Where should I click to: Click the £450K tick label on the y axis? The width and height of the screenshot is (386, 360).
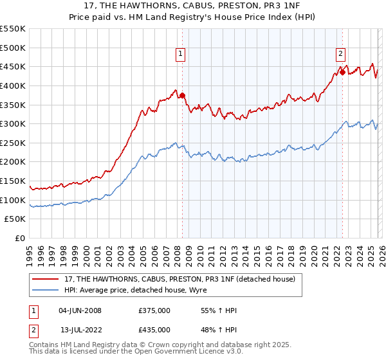point(13,67)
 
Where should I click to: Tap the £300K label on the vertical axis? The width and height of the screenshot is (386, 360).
point(13,123)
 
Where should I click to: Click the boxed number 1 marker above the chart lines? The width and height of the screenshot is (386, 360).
point(181,55)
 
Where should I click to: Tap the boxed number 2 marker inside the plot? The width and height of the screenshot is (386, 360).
point(340,55)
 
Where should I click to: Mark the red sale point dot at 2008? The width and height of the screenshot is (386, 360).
point(182,96)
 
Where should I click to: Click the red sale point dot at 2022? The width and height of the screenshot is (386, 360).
point(342,72)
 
